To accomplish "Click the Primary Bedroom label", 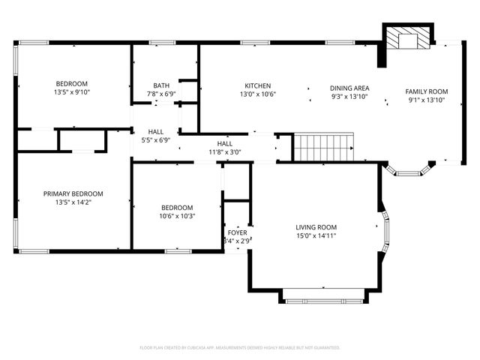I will tap(73, 193).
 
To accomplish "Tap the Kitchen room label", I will tap(257, 86).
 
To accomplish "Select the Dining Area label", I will tap(349, 88).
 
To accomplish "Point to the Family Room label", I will tap(426, 91).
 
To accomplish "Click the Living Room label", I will tap(316, 227).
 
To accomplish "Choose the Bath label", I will tap(161, 85).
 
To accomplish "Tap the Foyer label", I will tap(237, 232).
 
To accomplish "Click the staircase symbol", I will tap(322, 148).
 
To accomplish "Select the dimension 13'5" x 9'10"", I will tap(72, 92).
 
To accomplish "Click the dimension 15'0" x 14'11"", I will tap(316, 236).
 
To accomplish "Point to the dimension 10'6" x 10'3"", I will tap(177, 216).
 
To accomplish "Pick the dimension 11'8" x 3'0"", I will tap(224, 152).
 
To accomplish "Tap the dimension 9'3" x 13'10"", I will tap(349, 97).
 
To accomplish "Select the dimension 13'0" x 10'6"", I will tap(257, 94).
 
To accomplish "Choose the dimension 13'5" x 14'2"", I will tap(73, 202).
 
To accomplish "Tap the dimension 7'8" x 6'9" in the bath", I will tap(161, 94).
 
